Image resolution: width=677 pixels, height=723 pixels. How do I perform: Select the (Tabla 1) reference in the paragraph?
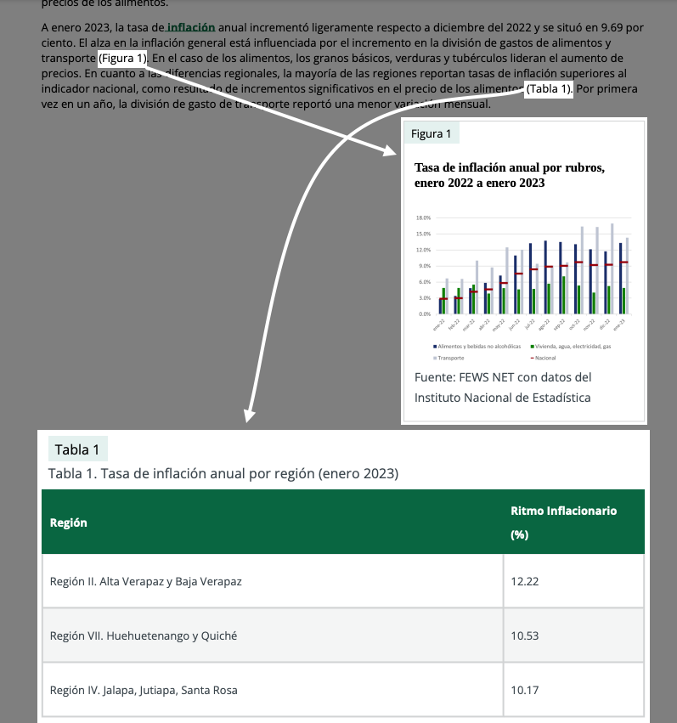tap(549, 89)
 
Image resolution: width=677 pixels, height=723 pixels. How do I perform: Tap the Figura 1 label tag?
tap(432, 134)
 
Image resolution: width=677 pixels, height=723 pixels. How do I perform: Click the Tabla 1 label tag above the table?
tap(77, 450)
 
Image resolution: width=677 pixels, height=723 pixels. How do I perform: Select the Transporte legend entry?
tap(451, 359)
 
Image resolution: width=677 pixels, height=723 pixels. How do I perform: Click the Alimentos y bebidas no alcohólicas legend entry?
tap(477, 347)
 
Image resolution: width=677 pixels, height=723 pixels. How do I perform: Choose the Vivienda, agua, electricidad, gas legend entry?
tap(573, 347)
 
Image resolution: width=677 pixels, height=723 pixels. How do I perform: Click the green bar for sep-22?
tap(564, 295)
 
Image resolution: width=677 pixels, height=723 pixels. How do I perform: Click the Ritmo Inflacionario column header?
tap(563, 522)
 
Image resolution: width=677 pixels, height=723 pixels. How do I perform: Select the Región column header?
tap(69, 522)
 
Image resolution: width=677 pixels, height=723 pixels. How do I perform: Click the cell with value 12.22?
tap(525, 582)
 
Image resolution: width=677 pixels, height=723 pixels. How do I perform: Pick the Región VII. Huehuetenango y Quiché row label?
tap(144, 635)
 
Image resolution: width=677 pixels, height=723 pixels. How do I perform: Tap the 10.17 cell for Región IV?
tap(525, 690)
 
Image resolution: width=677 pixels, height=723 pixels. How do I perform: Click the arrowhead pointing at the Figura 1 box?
tap(392, 151)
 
